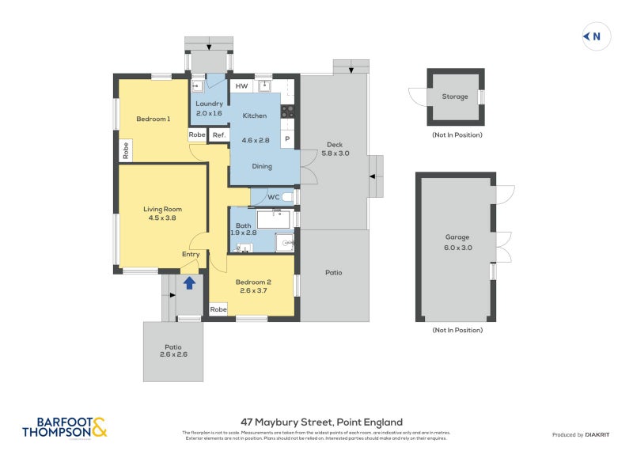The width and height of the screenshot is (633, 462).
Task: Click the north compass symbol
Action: [x=593, y=36]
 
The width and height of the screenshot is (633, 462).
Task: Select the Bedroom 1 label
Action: [x=153, y=119]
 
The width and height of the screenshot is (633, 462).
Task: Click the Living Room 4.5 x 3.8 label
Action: [x=159, y=214]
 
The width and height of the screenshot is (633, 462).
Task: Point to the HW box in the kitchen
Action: [x=241, y=86]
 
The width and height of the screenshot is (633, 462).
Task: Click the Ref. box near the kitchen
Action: [x=218, y=135]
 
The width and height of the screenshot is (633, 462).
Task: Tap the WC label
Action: [x=273, y=197]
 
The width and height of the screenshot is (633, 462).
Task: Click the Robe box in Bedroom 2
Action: [x=218, y=310]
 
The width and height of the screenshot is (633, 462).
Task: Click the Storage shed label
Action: [x=455, y=97]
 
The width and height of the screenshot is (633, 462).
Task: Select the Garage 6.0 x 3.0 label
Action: [x=457, y=242]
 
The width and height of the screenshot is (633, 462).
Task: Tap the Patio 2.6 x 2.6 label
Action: [x=172, y=350]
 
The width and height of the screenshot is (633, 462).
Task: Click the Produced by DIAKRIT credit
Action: [x=585, y=435]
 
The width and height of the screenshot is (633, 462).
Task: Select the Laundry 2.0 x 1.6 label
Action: [x=209, y=108]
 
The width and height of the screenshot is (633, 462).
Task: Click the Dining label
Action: [x=262, y=166]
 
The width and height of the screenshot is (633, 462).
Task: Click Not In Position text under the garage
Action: [x=457, y=330]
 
